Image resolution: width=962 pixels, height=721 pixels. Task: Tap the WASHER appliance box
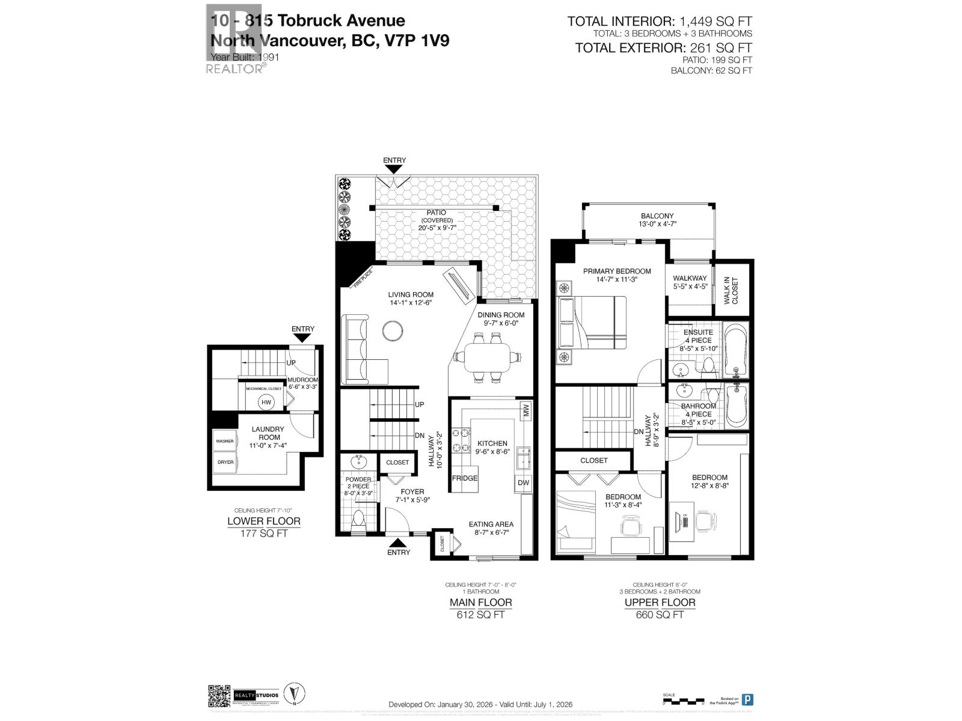[x=224, y=441]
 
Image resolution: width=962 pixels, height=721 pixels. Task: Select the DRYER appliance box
[x=224, y=462]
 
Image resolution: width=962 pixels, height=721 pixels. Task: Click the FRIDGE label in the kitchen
[x=464, y=478]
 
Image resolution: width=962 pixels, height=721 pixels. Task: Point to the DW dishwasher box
[x=523, y=482]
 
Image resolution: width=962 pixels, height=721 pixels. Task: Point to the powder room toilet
[x=358, y=519]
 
